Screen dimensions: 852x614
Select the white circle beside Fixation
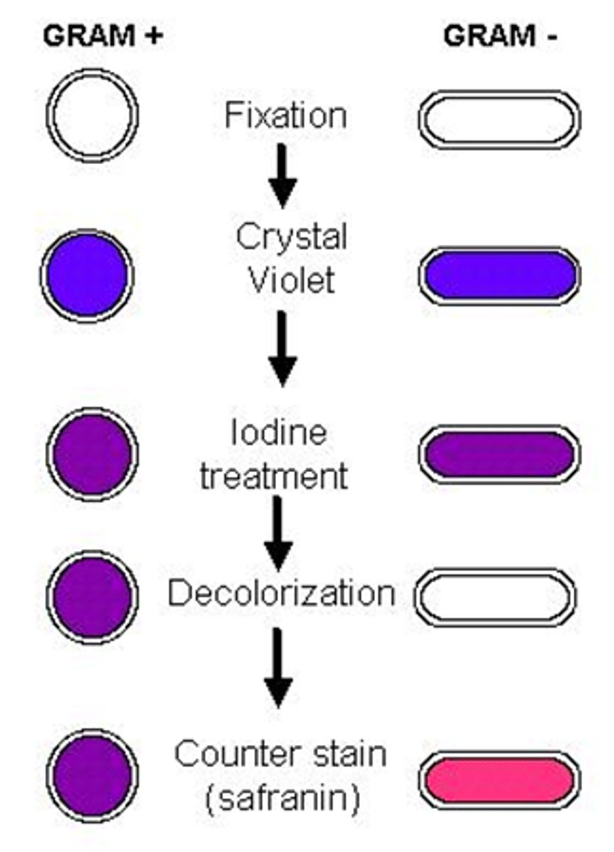(x=92, y=115)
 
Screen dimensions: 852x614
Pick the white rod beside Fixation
(x=499, y=119)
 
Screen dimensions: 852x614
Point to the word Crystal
(x=292, y=237)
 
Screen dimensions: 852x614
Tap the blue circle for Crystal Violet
(x=87, y=273)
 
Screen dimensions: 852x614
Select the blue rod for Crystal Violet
(x=499, y=273)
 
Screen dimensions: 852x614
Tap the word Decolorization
(x=281, y=594)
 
